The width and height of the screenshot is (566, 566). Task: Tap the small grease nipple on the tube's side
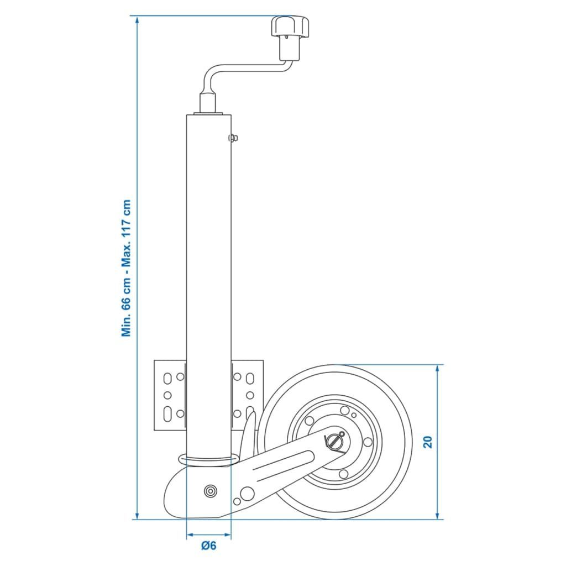click(234, 138)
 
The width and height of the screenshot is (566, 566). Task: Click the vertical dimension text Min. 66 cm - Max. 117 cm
click(127, 268)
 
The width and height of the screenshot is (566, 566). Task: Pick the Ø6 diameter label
click(208, 546)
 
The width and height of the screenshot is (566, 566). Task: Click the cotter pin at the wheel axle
click(336, 441)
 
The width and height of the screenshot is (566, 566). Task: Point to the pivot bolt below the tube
click(210, 491)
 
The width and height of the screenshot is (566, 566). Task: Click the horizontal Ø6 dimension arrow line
click(208, 535)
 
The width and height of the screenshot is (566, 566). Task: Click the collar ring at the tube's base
click(208, 460)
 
